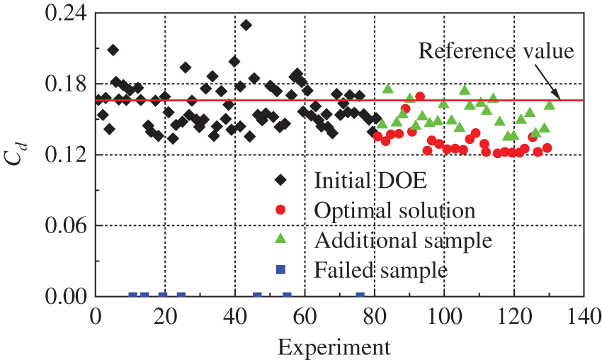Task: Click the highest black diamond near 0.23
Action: [x=246, y=26]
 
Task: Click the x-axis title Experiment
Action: [x=333, y=347]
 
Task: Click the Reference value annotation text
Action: [x=496, y=51]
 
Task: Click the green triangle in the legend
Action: [x=281, y=239]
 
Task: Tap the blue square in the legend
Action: [x=281, y=269]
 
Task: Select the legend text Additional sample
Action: [x=404, y=240]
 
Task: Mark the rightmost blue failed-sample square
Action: [x=360, y=296]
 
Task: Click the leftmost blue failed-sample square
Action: [x=132, y=296]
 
